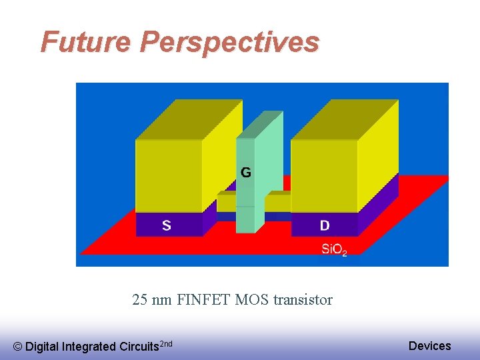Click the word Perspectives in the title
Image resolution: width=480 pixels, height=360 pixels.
pos(229,43)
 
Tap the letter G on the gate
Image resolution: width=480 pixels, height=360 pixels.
pos(246,173)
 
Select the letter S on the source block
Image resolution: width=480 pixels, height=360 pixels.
pos(166,225)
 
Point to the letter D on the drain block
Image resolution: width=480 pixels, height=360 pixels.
pos(324,225)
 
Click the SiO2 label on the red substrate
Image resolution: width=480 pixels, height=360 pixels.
pos(334,250)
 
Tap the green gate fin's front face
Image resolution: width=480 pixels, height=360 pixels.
pos(245,200)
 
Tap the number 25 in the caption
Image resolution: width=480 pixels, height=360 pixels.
pos(140,300)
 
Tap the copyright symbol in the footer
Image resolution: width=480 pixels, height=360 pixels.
pos(18,347)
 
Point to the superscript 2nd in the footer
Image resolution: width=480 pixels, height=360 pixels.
pos(167,343)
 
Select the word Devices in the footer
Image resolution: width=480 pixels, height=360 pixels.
pos(429,345)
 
